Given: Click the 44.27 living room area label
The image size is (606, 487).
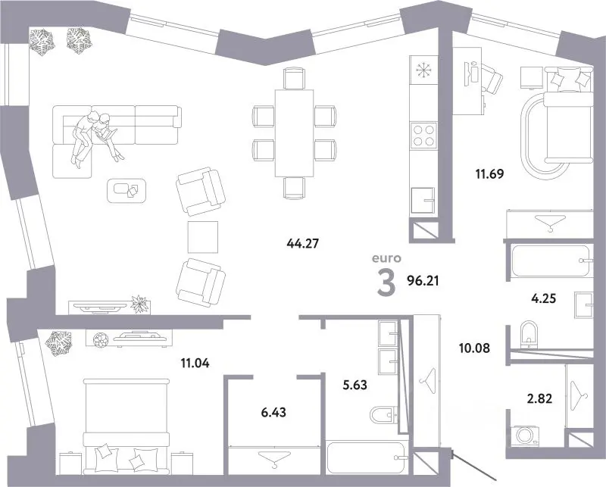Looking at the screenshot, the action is (302, 243).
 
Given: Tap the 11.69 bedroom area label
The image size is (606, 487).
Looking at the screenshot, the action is (489, 174).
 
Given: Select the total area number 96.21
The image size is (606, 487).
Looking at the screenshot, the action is (423, 280).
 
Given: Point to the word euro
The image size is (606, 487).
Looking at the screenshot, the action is (386, 258).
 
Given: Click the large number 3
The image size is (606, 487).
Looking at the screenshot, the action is (386, 283).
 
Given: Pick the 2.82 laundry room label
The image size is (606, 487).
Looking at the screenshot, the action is (540, 398).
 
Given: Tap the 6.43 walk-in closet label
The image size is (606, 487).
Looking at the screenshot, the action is (273, 413).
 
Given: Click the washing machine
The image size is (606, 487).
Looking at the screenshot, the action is (525, 435).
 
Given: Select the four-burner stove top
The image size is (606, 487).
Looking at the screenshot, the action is (424, 135).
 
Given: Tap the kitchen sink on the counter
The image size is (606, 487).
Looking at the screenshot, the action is (423, 200).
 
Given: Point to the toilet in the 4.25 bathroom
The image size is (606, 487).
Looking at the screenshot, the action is (529, 333).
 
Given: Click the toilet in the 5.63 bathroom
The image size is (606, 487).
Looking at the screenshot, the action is (384, 415).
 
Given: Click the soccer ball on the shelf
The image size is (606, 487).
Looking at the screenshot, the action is (102, 340).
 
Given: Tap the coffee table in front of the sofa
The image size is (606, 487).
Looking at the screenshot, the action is (127, 191).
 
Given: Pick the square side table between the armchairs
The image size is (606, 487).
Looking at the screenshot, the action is (202, 237).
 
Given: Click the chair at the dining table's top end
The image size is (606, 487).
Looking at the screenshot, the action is (294, 78).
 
